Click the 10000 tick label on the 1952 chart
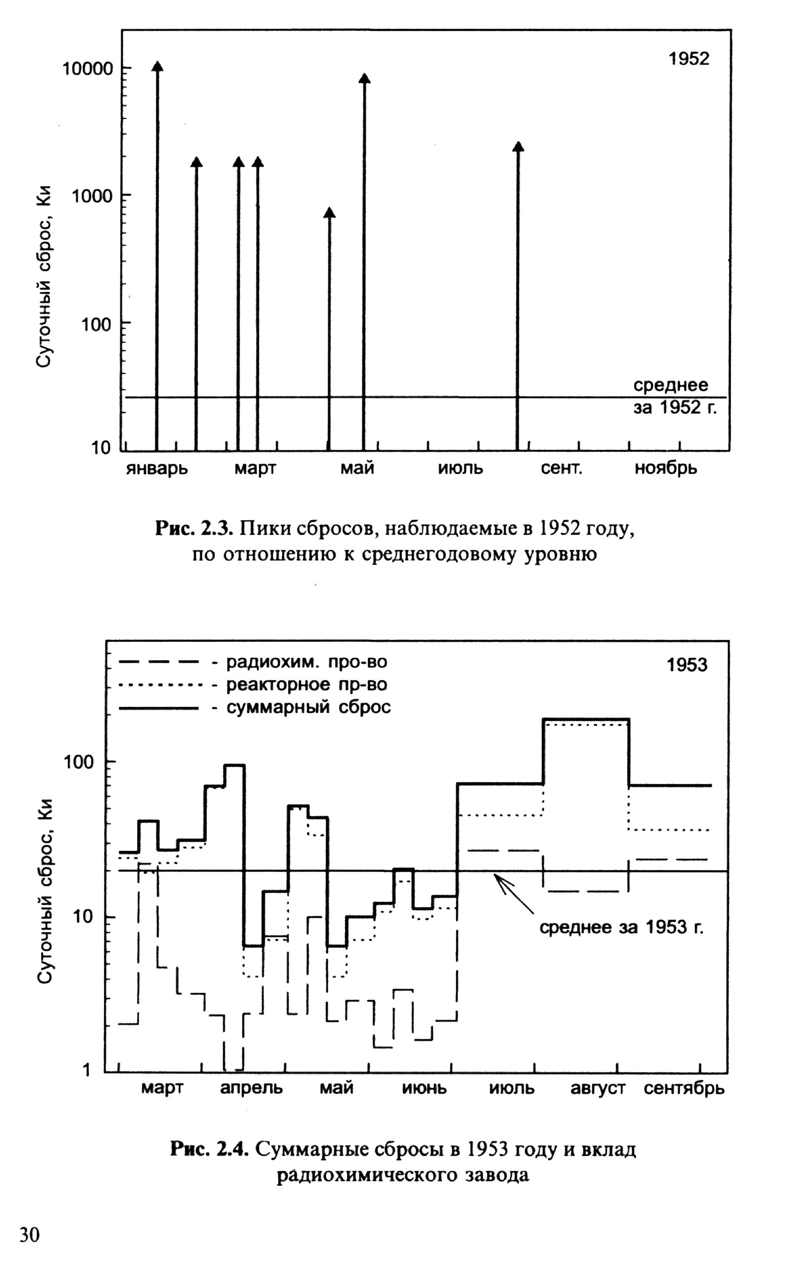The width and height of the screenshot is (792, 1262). coord(88,69)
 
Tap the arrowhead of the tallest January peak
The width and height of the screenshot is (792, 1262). coord(157,66)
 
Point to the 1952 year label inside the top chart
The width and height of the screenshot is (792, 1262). coord(688,59)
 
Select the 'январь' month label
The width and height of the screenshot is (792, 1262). coord(156,468)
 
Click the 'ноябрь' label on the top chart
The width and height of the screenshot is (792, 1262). coord(666,468)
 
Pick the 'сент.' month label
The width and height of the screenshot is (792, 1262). coord(561,468)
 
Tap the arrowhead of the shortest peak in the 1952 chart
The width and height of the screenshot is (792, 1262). coord(329,213)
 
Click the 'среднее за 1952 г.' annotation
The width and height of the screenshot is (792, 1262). coord(674,396)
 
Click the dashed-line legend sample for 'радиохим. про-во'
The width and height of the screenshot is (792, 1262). coord(159,662)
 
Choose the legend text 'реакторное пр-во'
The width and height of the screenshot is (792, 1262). coord(306,684)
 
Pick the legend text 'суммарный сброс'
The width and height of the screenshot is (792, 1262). coord(308,707)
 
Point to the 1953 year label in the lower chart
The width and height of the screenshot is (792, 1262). coord(687,665)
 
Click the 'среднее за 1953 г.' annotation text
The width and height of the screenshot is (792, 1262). coord(621,927)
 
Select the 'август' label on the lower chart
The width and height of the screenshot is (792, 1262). coord(597,1088)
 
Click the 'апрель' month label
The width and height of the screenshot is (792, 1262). coord(251,1088)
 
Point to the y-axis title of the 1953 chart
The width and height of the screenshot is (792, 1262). coord(45,891)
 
